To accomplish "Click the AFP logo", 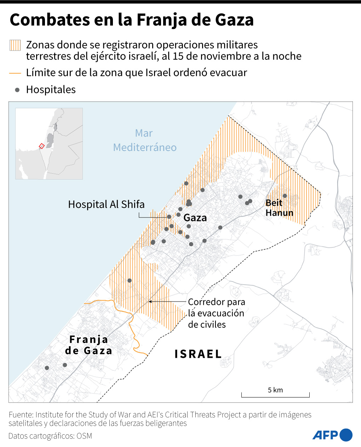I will click(332, 435).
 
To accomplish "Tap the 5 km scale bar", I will click(275, 395).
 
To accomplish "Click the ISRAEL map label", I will click(198, 354).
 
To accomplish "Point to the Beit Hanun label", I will click(279, 208).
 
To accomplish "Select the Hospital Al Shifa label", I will click(106, 204).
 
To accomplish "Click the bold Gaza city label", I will click(195, 218).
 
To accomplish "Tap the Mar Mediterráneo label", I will click(144, 140).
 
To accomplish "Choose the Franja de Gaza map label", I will click(88, 345).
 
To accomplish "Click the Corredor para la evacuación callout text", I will click(216, 313).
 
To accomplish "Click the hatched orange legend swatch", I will click(15, 45).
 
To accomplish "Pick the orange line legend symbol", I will click(15, 73).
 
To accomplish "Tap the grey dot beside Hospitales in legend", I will click(17, 90).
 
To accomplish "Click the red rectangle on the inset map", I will click(41, 146).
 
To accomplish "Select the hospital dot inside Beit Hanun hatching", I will click(285, 196).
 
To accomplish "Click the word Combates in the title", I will click(50, 20).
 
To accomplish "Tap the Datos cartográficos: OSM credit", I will click(50, 436).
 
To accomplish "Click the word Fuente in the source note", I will click(21, 414).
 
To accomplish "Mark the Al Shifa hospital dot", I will click(169, 217).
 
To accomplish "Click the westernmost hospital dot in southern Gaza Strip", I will click(47, 368).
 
